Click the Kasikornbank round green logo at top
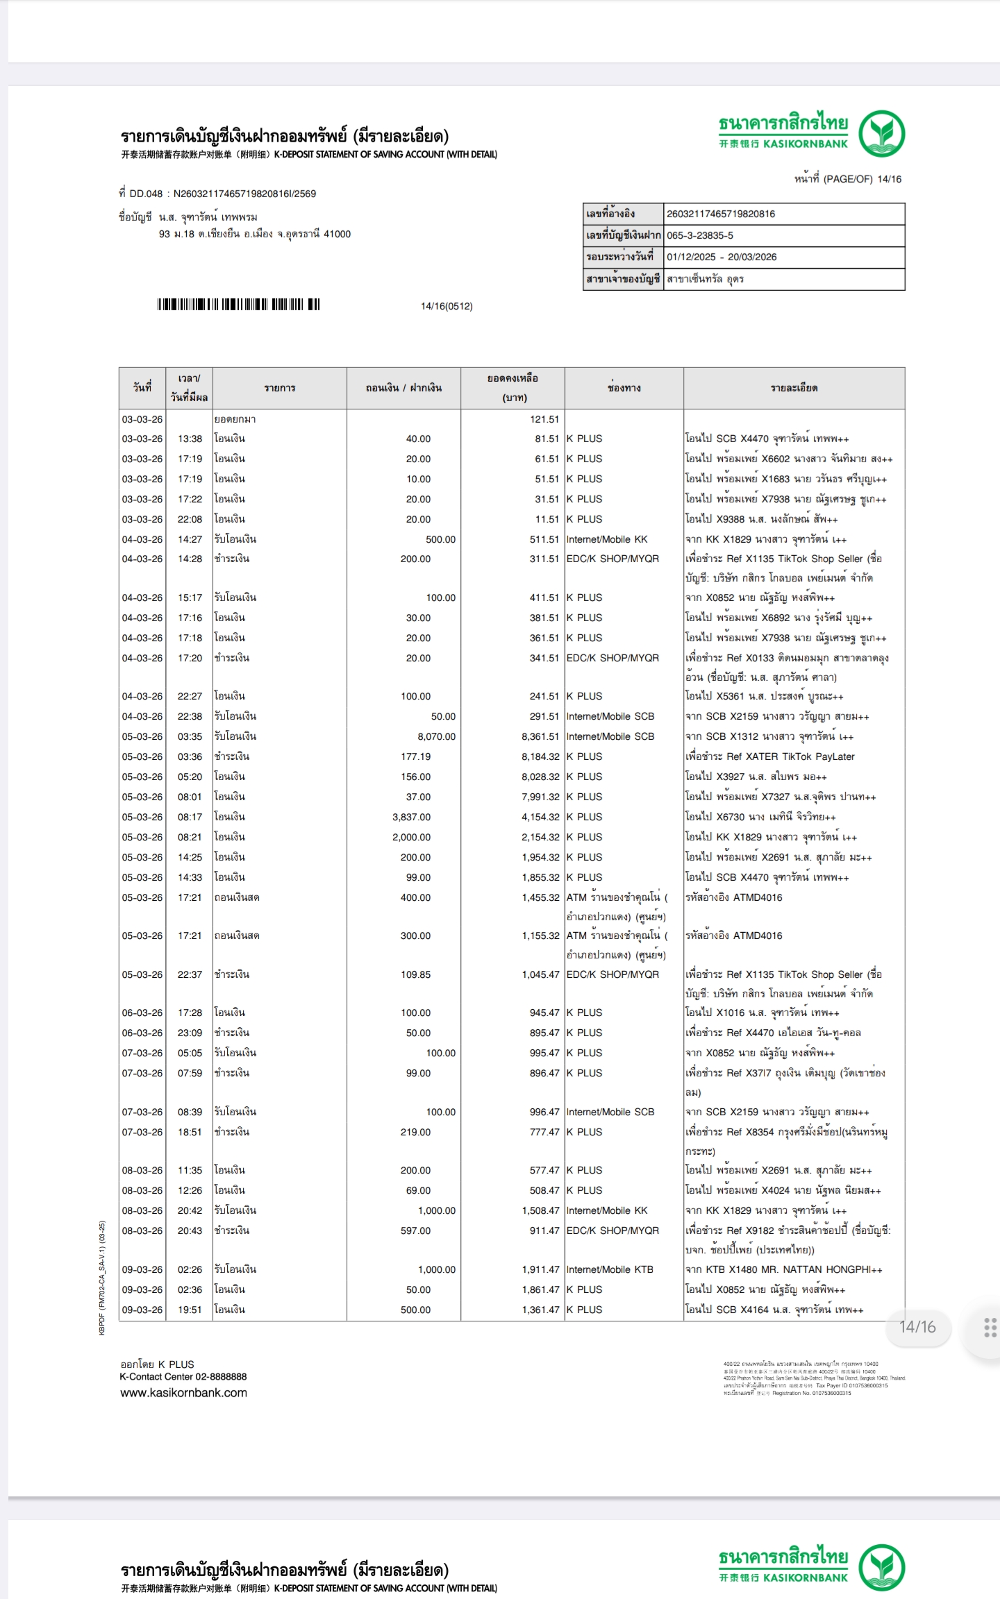click(881, 133)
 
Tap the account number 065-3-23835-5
click(700, 235)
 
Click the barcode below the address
click(238, 304)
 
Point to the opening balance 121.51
click(544, 419)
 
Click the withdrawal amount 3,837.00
click(411, 817)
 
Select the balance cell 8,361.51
click(540, 736)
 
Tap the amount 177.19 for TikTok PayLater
click(415, 756)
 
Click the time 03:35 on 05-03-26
click(190, 736)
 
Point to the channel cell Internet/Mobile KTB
click(610, 1269)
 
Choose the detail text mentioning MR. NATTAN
click(783, 1269)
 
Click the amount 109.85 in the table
click(415, 974)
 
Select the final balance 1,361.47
click(540, 1310)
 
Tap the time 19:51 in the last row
click(190, 1310)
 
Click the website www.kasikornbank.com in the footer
click(183, 1393)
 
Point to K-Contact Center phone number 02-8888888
click(221, 1376)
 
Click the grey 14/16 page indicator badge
click(917, 1327)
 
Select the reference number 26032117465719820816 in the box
click(721, 214)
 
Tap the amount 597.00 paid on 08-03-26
click(415, 1230)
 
